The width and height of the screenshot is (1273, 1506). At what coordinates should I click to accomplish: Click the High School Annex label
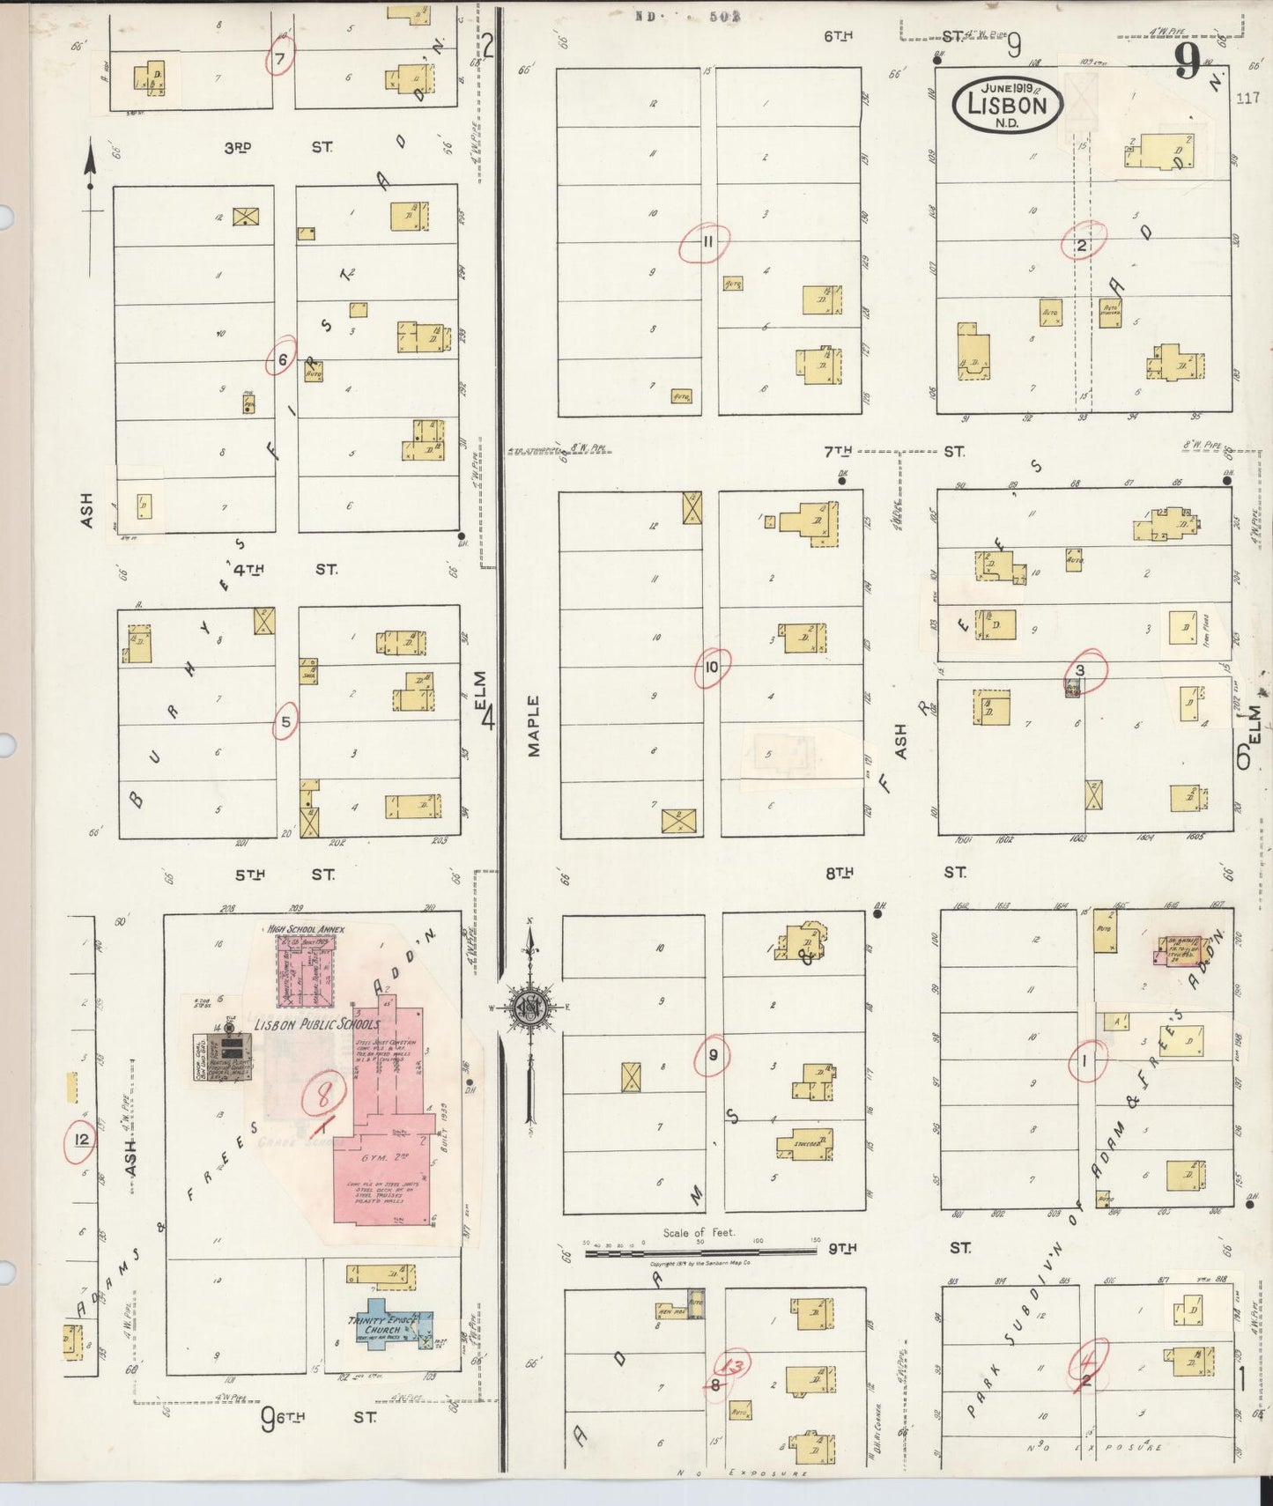pos(306,929)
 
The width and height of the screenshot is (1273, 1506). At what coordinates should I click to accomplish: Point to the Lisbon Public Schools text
pos(317,1024)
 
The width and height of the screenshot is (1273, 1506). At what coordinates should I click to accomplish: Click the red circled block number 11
pos(706,242)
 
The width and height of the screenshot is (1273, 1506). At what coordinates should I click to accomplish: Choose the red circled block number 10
pos(711,668)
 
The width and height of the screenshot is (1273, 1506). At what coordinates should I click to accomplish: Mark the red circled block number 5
pos(285,722)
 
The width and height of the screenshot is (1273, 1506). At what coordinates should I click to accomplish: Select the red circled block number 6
pos(282,359)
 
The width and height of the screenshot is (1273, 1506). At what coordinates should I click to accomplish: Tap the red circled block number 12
pos(82,1141)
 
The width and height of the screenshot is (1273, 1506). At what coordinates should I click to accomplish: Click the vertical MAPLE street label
pos(534,726)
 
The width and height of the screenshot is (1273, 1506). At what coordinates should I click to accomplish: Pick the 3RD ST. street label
pos(277,148)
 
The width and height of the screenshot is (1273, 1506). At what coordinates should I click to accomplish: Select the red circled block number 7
pos(280,59)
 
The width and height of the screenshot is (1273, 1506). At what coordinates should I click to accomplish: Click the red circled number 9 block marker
pos(712,1055)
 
